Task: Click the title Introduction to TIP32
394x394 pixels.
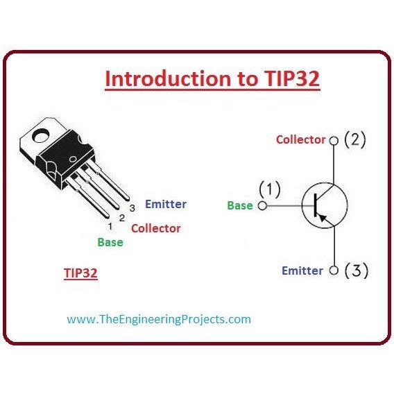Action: point(212,78)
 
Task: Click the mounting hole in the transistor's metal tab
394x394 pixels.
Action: point(40,135)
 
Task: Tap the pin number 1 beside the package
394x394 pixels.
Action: point(110,226)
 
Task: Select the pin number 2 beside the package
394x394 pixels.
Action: point(122,218)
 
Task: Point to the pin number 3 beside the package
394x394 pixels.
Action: point(132,208)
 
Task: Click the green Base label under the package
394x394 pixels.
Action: point(110,242)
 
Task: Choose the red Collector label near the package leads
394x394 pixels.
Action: point(156,228)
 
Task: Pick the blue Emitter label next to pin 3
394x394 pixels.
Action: point(166,204)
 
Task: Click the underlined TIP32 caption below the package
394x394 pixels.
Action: point(80,273)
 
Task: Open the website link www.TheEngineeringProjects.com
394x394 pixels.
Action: point(159,319)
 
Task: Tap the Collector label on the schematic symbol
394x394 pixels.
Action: point(301,139)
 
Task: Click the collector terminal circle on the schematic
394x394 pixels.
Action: point(334,141)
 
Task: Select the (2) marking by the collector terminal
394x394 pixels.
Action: point(354,139)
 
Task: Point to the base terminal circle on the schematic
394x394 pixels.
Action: point(262,206)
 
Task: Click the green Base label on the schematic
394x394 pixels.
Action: point(240,205)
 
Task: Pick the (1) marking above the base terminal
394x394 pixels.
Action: point(269,189)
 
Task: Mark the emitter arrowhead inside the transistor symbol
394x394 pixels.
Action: point(323,218)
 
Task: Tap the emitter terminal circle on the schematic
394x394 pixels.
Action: point(334,271)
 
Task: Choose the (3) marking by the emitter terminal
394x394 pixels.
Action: point(357,271)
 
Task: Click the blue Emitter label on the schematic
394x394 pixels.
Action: point(302,271)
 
